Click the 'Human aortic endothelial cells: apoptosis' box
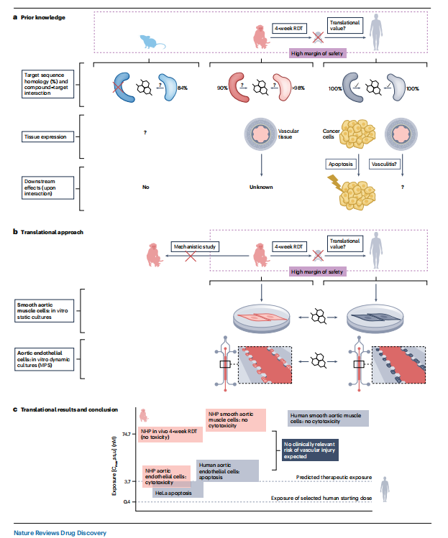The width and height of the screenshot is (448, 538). pos(227,470)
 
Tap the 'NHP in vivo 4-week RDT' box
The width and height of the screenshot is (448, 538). pos(168,433)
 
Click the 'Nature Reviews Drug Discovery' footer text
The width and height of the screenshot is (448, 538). pos(60,532)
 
